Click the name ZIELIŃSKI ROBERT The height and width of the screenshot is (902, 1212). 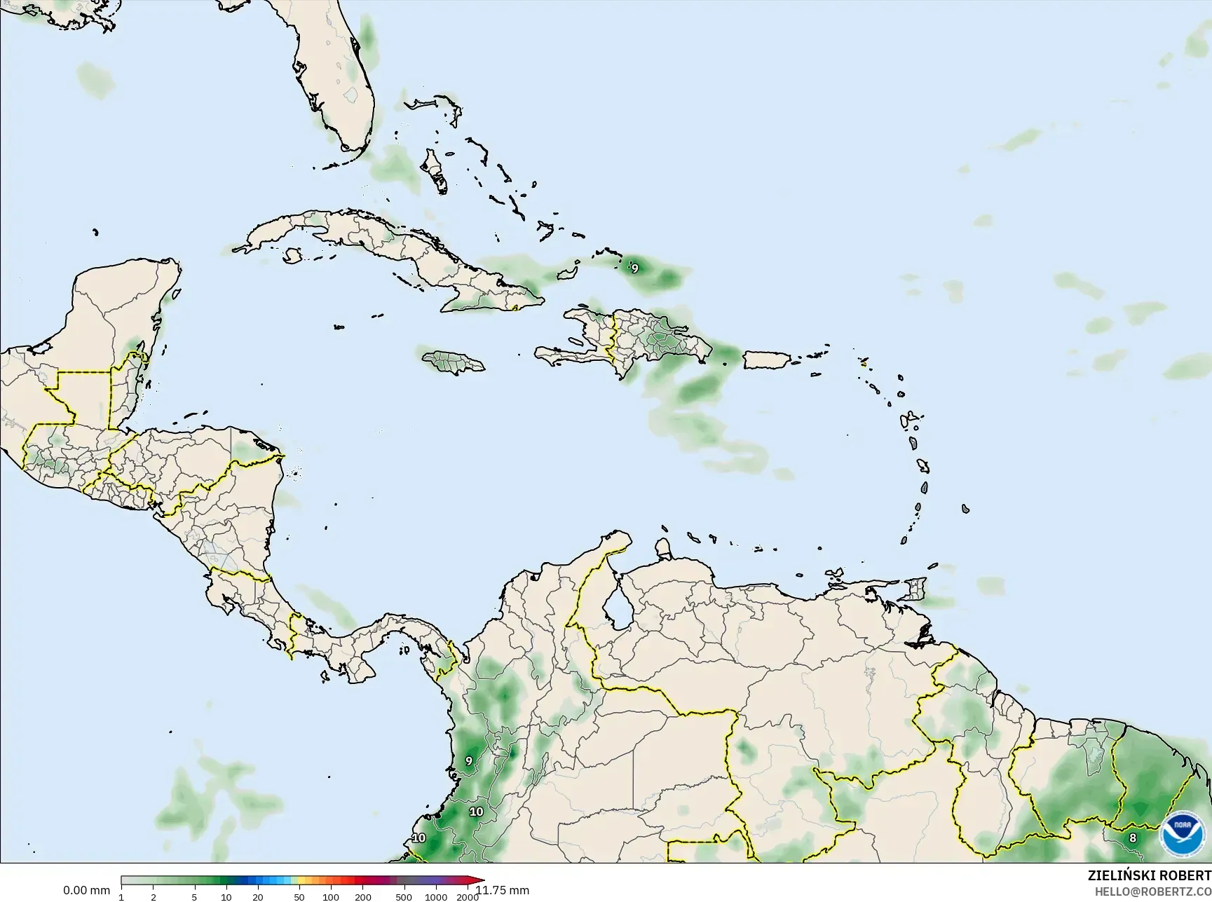point(1149,876)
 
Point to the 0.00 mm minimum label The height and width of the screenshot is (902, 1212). point(86,891)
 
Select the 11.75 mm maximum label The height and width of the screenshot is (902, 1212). point(502,891)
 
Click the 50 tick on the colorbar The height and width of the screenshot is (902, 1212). point(299,897)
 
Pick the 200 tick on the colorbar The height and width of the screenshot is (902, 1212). point(362,897)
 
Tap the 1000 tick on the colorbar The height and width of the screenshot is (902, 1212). point(436,897)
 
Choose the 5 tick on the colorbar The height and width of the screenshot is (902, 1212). point(194,897)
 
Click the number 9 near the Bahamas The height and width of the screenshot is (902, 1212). point(635,268)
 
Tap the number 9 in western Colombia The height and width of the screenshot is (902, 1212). point(469,761)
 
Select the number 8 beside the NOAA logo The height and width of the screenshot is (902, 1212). point(1133,838)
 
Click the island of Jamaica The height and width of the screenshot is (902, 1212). point(454,362)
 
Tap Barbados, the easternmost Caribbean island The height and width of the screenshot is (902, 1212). point(966,509)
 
